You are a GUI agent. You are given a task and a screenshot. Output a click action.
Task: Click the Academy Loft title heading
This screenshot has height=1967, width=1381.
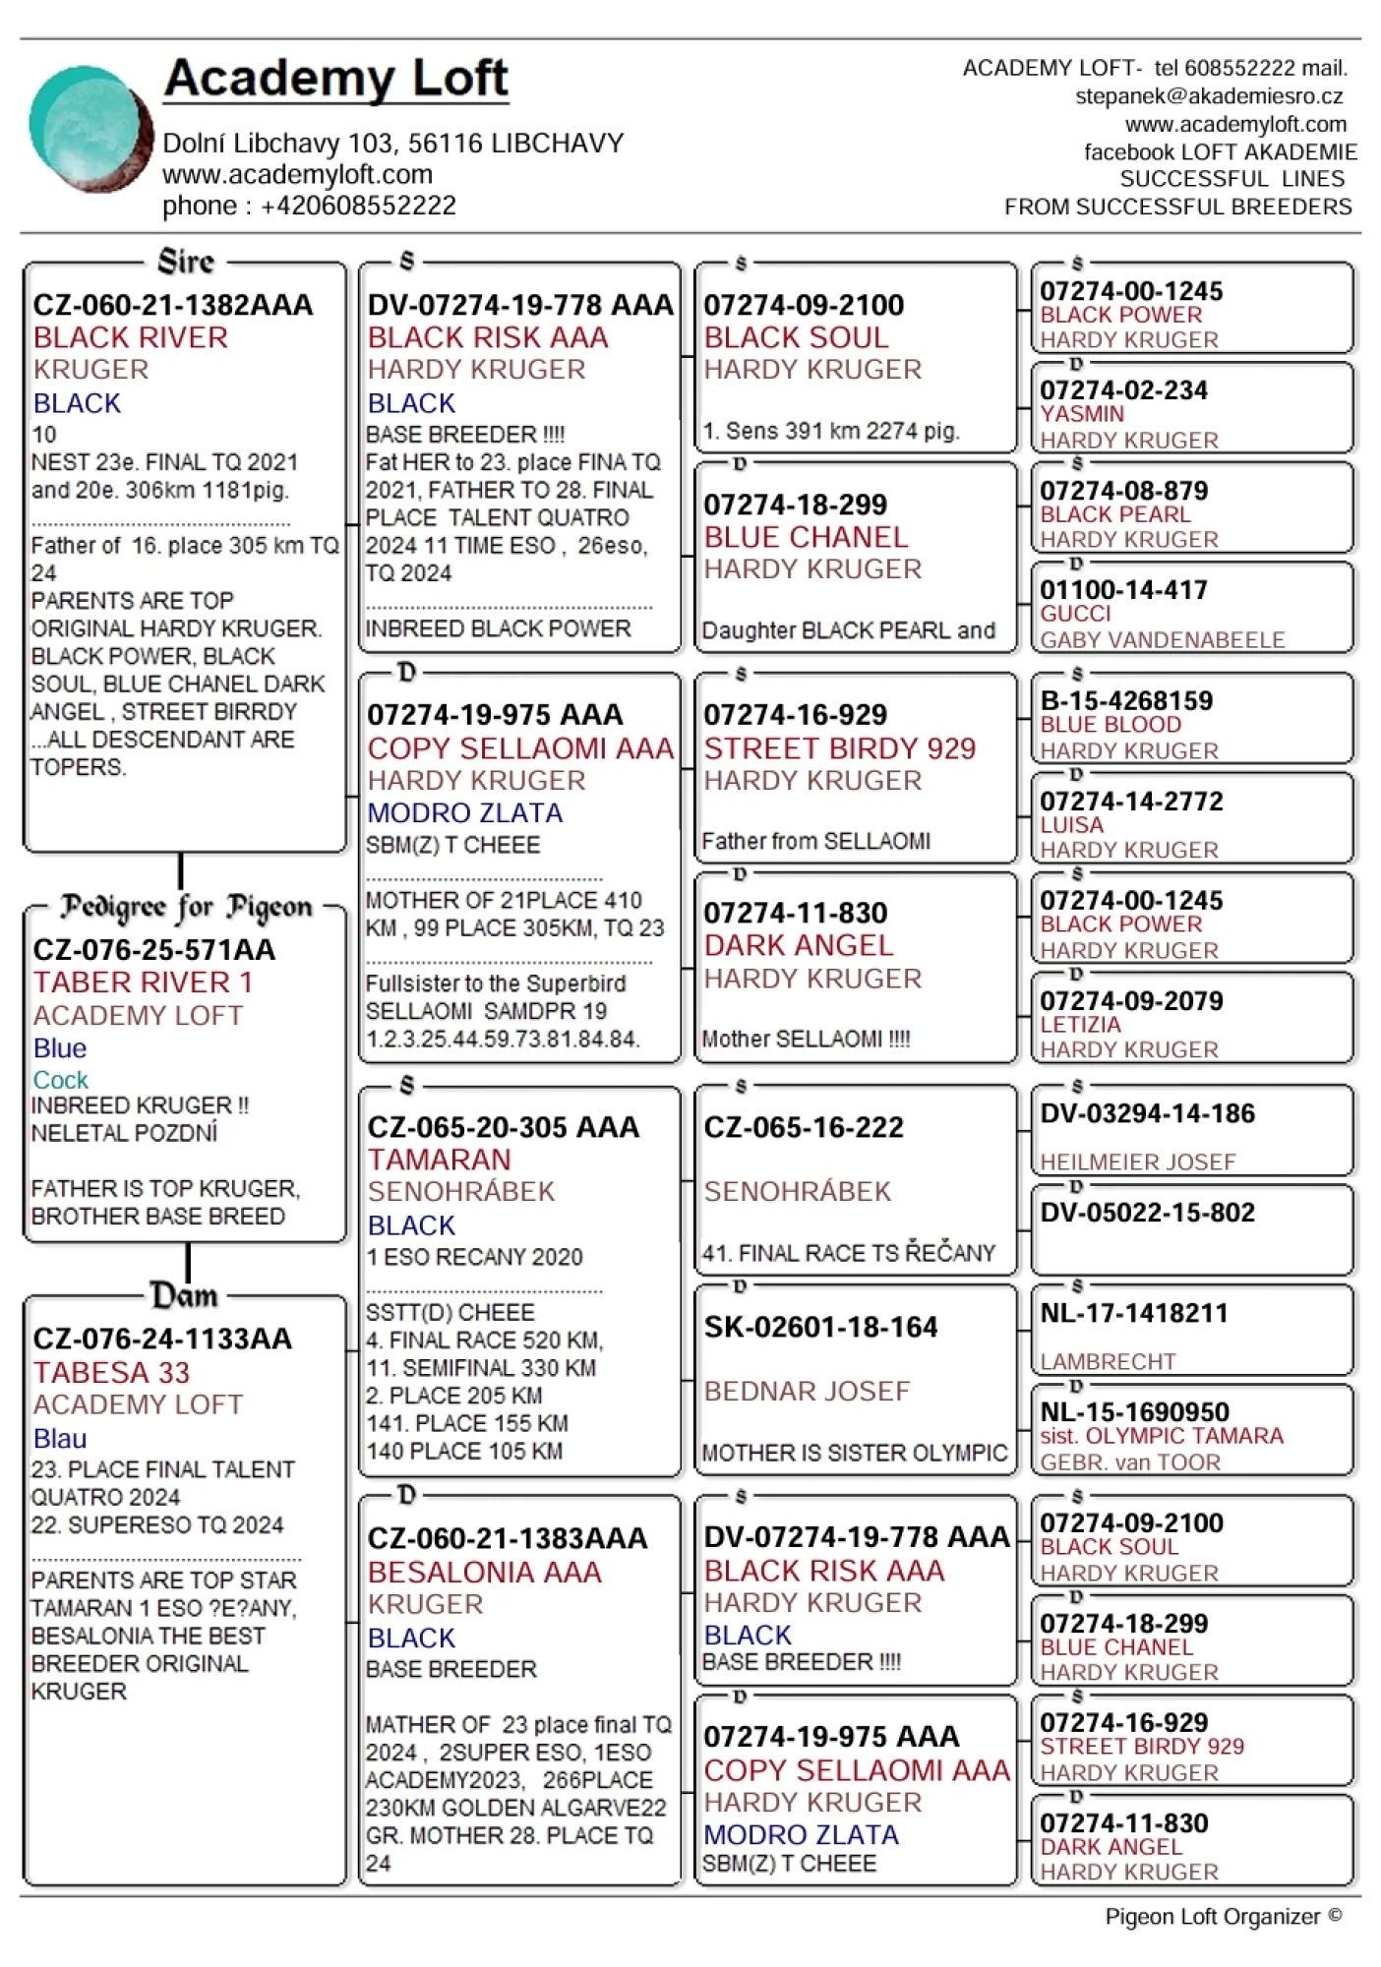click(335, 79)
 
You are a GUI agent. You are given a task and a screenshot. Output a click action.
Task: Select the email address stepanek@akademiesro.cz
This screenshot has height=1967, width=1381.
click(1209, 96)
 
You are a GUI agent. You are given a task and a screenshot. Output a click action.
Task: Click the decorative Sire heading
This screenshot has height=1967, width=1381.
click(186, 262)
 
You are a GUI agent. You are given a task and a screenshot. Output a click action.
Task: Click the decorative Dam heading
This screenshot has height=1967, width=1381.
click(184, 1295)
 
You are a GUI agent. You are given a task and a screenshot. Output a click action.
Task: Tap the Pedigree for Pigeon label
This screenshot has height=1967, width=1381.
click(186, 907)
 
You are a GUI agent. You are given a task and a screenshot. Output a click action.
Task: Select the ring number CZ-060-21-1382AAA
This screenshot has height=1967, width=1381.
click(173, 305)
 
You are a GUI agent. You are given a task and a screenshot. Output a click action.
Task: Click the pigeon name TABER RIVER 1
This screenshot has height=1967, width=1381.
click(143, 983)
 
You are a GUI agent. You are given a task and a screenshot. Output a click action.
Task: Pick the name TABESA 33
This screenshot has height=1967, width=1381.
click(111, 1372)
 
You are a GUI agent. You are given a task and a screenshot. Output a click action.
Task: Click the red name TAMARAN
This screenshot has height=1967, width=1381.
click(439, 1160)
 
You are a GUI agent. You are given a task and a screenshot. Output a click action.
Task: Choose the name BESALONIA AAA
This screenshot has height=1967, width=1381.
click(484, 1572)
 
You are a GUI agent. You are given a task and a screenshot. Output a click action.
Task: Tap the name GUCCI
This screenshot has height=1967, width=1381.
click(1075, 614)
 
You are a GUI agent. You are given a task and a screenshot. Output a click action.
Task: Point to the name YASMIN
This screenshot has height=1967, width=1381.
click(1082, 414)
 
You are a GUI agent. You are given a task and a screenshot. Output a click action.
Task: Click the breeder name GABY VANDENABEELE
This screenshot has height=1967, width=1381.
click(1162, 639)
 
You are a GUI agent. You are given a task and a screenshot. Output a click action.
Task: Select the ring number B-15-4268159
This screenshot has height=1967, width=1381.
click(1126, 700)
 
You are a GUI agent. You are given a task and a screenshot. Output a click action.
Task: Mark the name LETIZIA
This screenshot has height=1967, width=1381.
click(1080, 1025)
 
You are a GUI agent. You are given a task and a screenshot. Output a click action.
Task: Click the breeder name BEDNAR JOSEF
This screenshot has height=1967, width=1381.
click(807, 1391)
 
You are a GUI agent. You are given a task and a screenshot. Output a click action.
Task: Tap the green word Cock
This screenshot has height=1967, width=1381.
click(60, 1080)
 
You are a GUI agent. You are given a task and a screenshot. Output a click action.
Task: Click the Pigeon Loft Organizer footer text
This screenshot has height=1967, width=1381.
click(1223, 1916)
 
